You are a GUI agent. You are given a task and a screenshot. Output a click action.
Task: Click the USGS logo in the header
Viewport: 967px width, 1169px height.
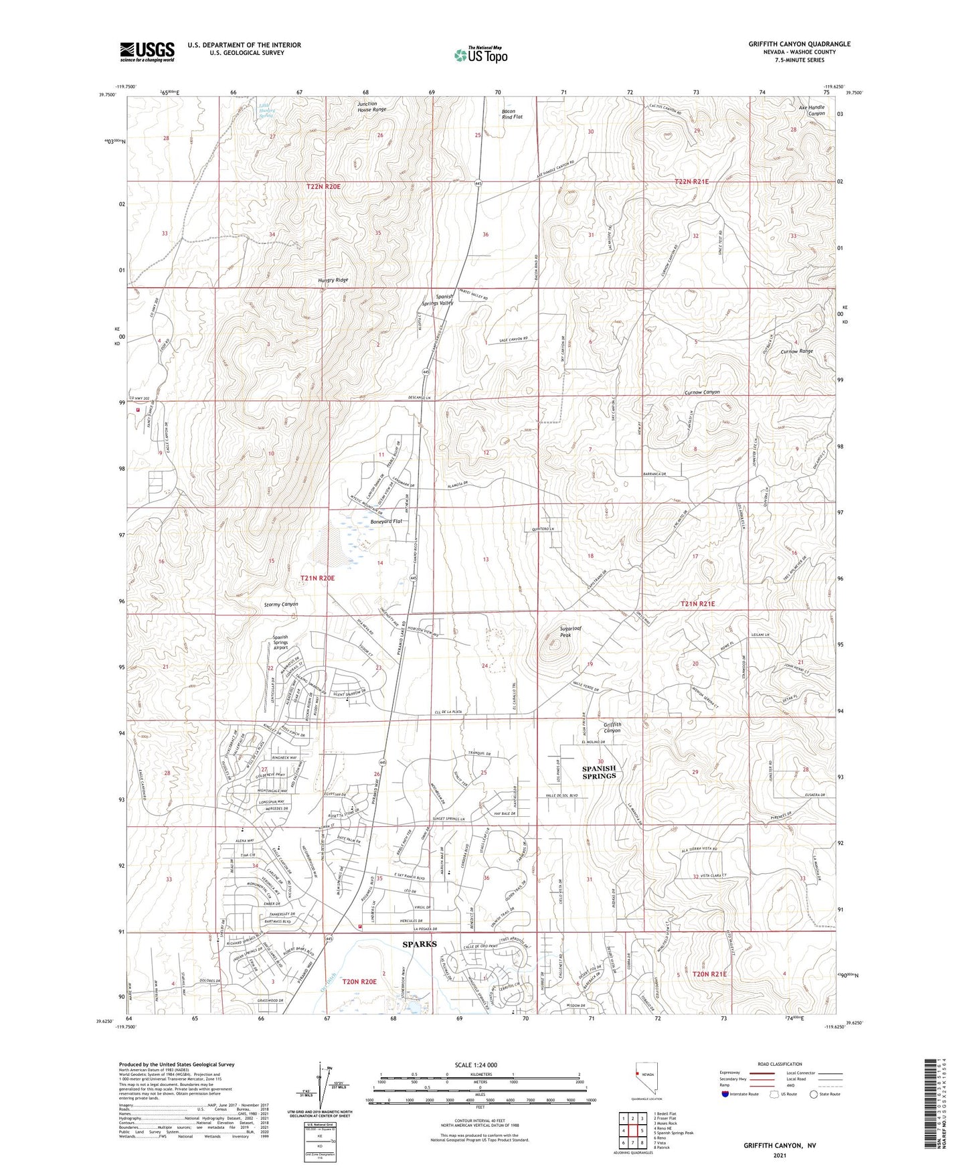[147, 51]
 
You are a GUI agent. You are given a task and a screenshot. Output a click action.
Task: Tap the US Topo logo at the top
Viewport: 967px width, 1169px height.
[480, 55]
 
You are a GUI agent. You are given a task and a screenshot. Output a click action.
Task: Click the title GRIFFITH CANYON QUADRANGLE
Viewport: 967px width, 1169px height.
[800, 44]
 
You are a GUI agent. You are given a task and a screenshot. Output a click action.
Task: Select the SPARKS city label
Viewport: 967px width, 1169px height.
[419, 944]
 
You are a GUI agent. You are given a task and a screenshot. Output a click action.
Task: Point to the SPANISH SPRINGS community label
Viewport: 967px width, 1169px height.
[599, 772]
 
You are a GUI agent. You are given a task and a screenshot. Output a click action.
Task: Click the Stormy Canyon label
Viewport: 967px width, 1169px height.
[276, 605]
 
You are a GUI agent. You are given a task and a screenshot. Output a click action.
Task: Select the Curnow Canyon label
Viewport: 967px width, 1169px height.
[702, 392]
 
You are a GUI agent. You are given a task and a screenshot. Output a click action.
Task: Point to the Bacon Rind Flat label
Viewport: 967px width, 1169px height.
[512, 114]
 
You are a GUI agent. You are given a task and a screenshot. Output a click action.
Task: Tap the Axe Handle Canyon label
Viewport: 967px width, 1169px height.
[808, 110]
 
